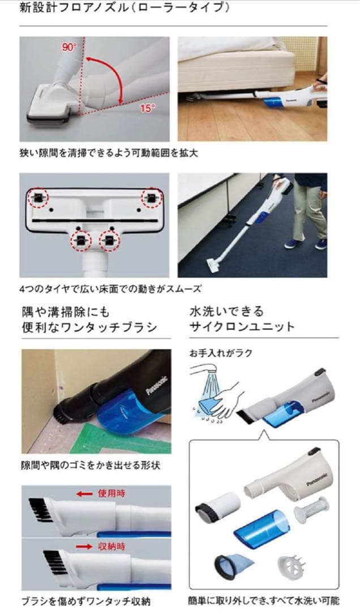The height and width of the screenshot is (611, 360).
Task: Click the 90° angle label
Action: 69,48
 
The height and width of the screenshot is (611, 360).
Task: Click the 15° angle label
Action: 145,106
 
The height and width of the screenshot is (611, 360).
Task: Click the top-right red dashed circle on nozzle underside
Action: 151,197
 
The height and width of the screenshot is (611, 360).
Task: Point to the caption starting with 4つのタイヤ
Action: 110,289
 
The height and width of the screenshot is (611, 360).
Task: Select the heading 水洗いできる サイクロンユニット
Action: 242,319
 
